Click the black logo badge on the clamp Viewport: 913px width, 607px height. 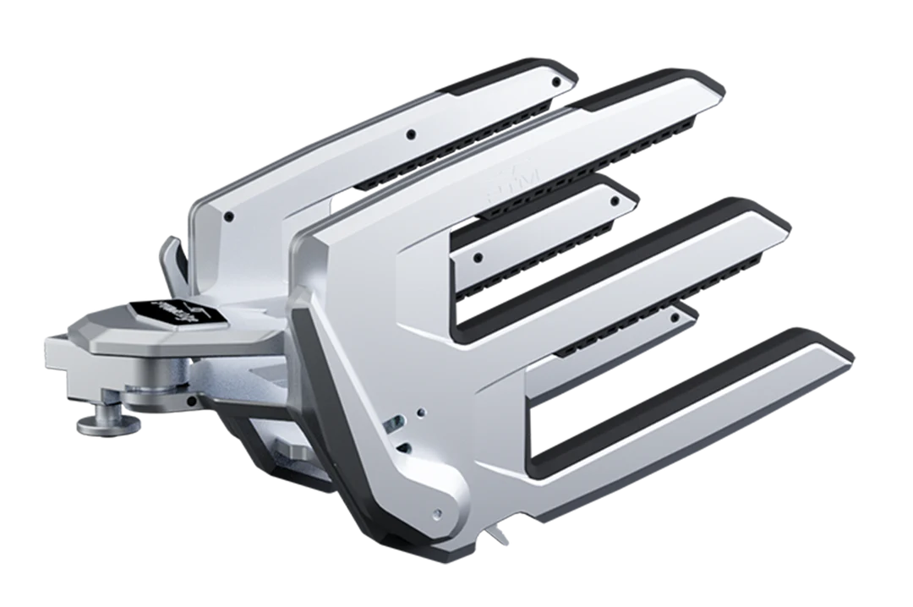point(183,316)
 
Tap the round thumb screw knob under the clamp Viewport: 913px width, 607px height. point(107,421)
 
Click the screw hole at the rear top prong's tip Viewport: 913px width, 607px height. point(555,82)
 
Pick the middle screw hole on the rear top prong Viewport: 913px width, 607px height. point(410,134)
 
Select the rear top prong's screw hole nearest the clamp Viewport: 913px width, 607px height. point(228,216)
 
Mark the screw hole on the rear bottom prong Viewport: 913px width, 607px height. point(674,319)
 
